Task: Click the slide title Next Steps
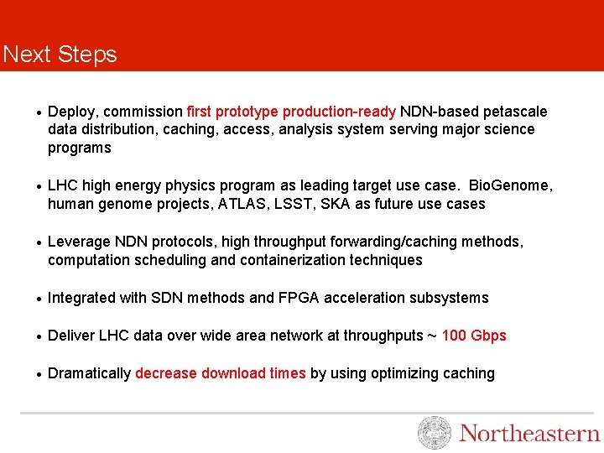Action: coord(60,55)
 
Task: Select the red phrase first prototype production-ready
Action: coord(291,112)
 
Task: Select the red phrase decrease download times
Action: coord(221,373)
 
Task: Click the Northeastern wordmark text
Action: coord(529,433)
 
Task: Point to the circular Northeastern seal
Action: coord(435,433)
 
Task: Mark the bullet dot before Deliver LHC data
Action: coord(39,336)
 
